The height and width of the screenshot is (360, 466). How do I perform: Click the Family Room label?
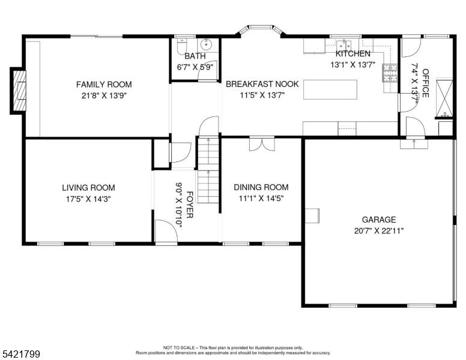point(103,85)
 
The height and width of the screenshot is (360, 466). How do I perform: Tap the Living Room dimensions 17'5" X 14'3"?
point(88,199)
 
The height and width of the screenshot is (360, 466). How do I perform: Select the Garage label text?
point(378,220)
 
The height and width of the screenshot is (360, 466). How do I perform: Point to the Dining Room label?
point(261,187)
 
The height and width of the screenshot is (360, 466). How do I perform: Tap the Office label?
point(425,83)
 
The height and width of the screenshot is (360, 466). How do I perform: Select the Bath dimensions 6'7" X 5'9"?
point(196,67)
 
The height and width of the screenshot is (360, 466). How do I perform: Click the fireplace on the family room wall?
point(19,91)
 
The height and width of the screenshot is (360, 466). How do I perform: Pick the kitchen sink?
point(345,44)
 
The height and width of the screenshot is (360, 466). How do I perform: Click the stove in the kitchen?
point(390,74)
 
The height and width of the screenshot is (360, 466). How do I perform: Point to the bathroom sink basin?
point(207,44)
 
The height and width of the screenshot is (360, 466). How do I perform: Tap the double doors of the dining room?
point(263,144)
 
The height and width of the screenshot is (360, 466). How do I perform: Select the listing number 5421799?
point(20,355)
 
